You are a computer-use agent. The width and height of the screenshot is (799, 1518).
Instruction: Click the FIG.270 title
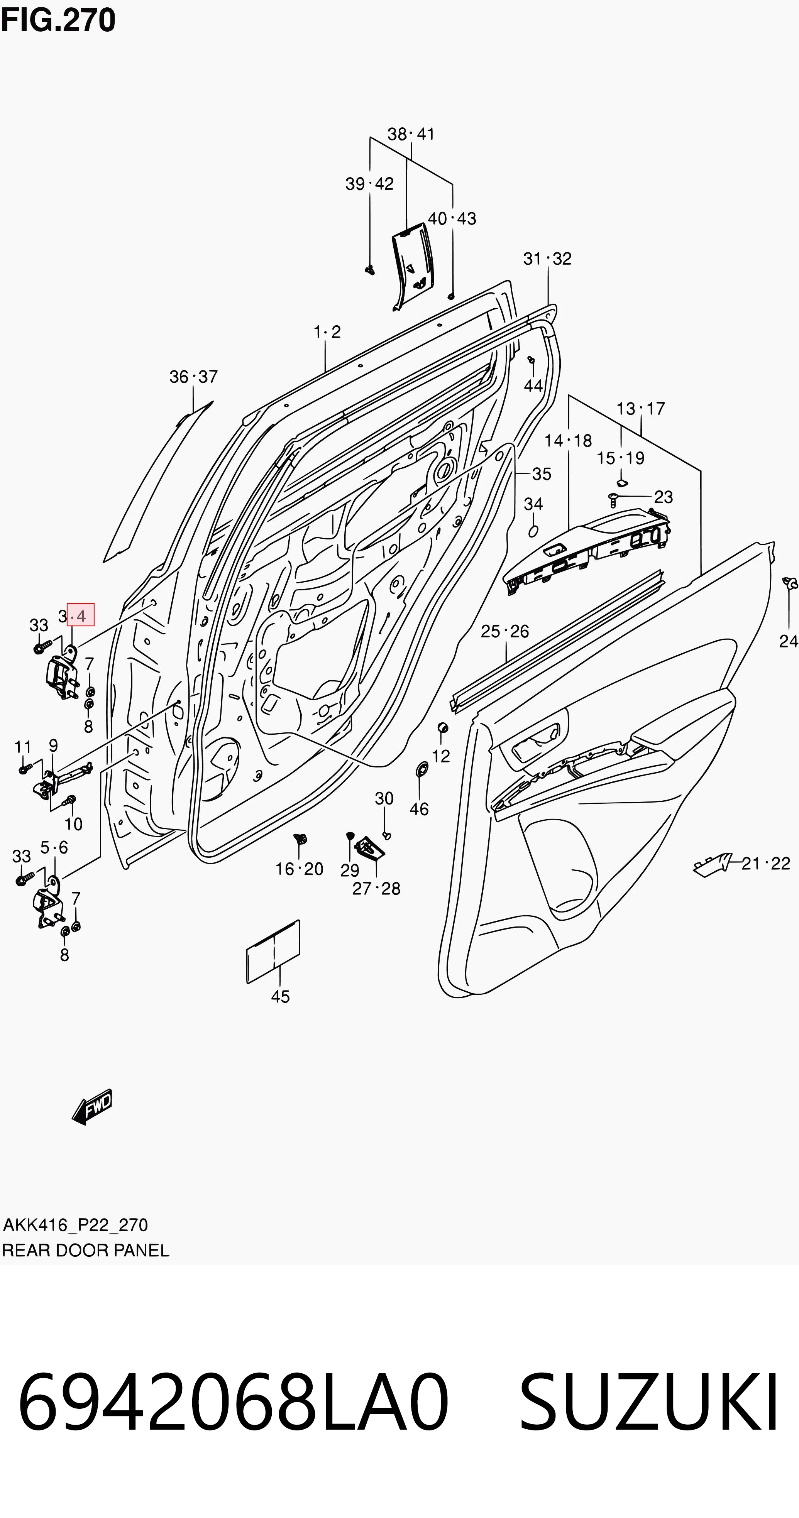58,20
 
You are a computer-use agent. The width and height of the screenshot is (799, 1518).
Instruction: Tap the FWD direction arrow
92,1106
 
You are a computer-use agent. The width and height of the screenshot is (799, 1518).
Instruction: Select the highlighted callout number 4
81,616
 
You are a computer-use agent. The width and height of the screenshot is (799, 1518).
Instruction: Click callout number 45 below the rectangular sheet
280,996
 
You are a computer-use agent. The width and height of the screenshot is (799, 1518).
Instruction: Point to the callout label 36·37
193,377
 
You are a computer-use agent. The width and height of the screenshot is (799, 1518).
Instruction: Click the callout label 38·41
411,134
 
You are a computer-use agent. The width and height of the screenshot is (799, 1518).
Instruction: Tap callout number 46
419,809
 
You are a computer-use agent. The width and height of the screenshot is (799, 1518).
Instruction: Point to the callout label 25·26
505,632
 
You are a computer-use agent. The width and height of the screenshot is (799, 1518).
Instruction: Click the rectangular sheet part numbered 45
273,952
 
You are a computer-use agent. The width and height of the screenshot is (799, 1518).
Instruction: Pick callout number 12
441,756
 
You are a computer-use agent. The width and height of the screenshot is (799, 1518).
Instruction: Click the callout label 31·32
547,259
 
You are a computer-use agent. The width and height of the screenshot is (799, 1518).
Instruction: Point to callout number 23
664,497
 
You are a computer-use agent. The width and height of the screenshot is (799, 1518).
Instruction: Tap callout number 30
384,798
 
